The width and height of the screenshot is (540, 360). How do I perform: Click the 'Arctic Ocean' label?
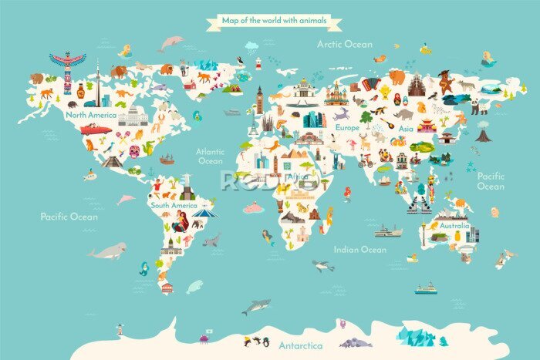pyautogui.click(x=345, y=44)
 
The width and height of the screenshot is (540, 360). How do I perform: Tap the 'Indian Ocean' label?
pyautogui.click(x=359, y=249)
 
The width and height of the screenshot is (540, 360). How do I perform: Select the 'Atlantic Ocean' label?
pyautogui.click(x=210, y=156)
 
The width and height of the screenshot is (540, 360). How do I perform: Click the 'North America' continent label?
pyautogui.click(x=91, y=115)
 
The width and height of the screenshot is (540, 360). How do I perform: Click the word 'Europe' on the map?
pyautogui.click(x=347, y=126)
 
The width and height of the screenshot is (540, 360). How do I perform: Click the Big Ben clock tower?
pyautogui.click(x=260, y=99)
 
